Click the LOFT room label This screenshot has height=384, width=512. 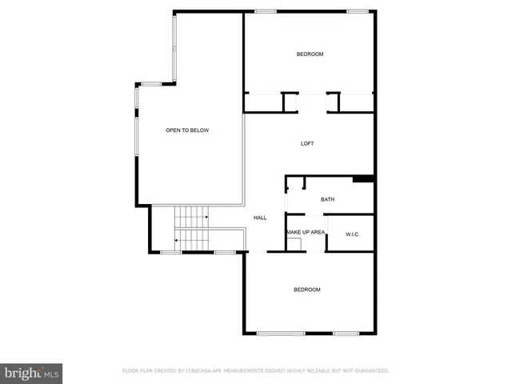tap(307, 144)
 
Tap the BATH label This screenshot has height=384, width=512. tap(327, 199)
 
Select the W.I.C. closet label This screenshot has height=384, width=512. tap(352, 234)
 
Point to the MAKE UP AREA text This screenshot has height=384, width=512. tap(306, 232)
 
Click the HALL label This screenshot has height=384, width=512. tap(260, 218)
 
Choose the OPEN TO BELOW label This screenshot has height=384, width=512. tap(187, 130)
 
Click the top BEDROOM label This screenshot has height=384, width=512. tap(310, 54)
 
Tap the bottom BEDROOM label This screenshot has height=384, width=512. tap(306, 290)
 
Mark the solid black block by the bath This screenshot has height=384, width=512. tap(363, 178)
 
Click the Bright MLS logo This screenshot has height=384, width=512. tap(31, 373)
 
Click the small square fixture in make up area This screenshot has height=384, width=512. tap(294, 245)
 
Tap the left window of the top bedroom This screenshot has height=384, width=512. tap(266, 11)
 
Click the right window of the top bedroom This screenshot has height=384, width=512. tap(358, 11)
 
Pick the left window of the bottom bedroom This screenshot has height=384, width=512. tap(280, 334)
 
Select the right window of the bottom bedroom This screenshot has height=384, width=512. tap(345, 334)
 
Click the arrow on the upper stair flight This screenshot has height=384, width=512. tap(206, 216)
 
